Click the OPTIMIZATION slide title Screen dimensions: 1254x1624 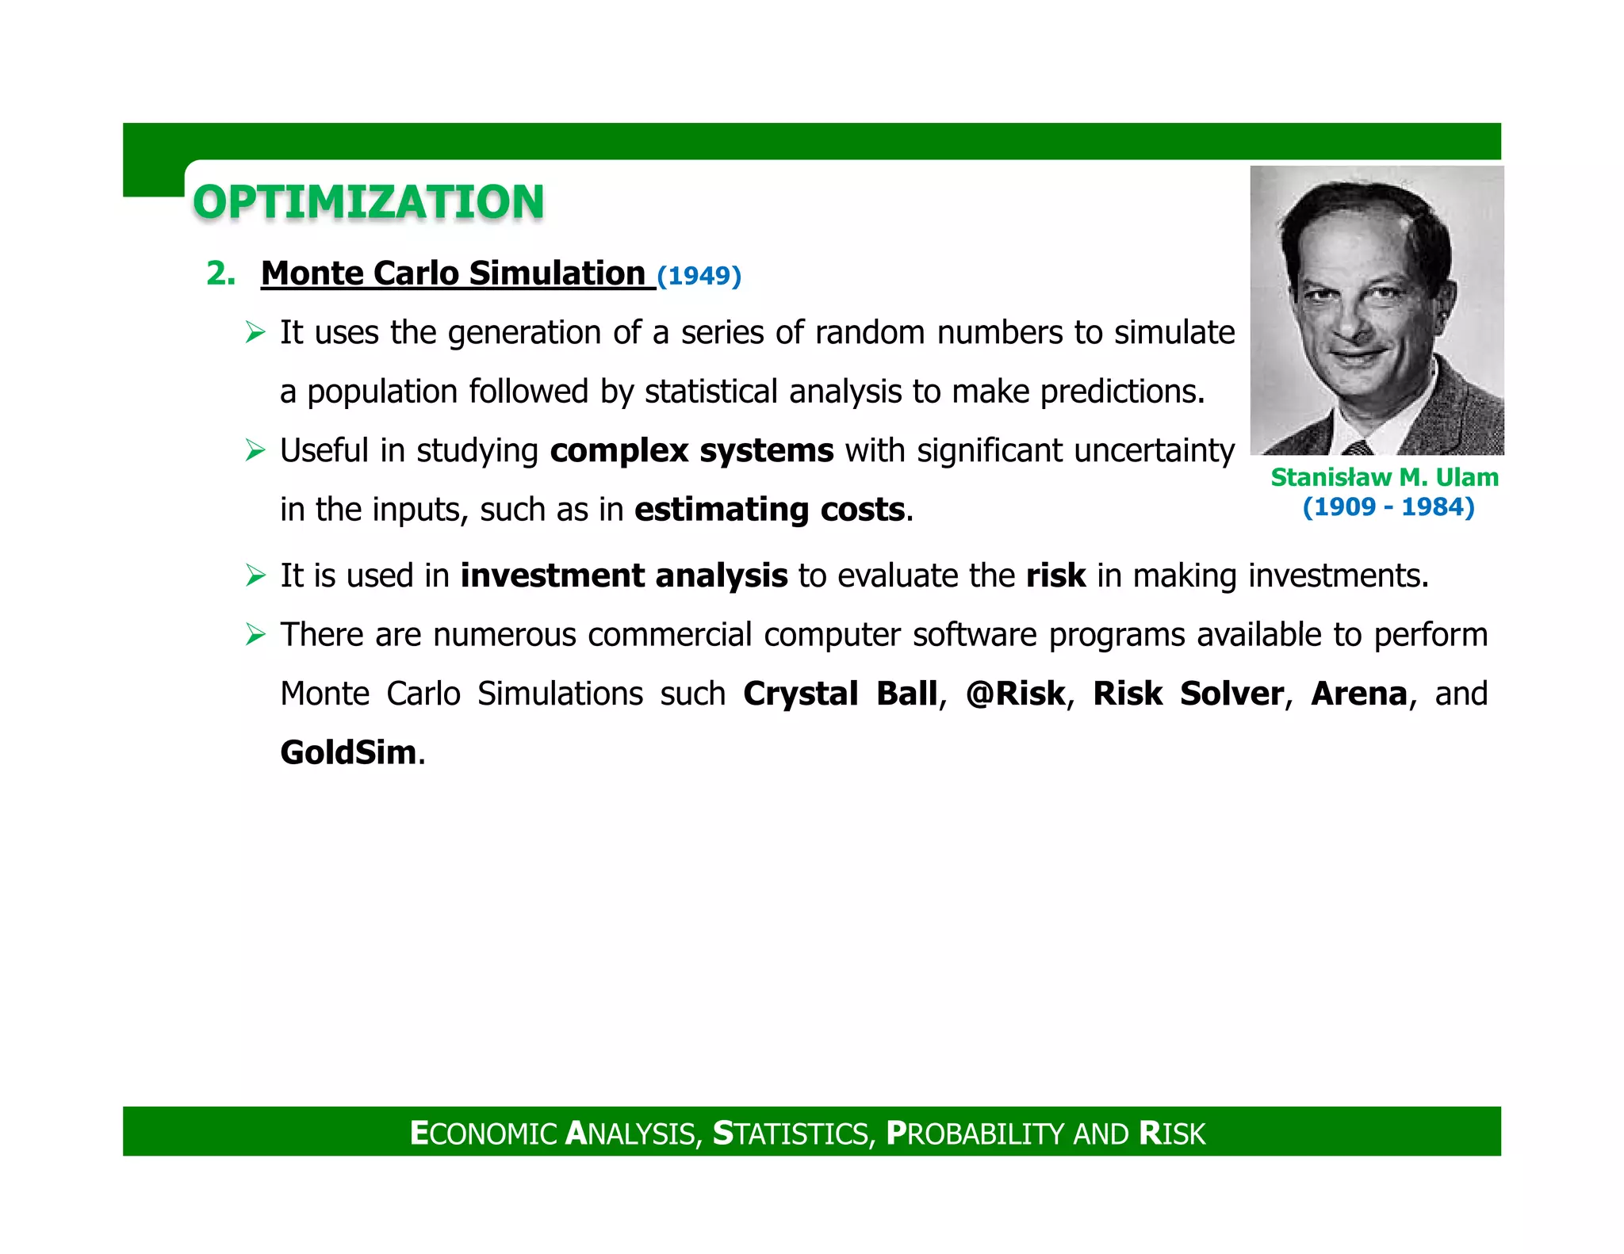click(x=368, y=202)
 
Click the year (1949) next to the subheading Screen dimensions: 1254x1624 click(x=699, y=276)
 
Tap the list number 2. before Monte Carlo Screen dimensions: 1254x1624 click(x=220, y=273)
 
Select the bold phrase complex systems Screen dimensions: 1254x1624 click(x=691, y=450)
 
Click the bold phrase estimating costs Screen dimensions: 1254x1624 click(x=769, y=509)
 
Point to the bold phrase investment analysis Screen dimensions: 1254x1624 click(x=624, y=575)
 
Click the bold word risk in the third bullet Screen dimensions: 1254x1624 click(x=1055, y=575)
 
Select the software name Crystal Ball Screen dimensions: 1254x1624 click(x=840, y=694)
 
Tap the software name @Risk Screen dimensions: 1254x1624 click(x=1015, y=694)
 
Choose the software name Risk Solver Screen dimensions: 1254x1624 click(x=1187, y=694)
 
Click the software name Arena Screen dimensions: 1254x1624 click(x=1358, y=694)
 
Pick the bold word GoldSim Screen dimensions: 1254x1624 click(x=348, y=752)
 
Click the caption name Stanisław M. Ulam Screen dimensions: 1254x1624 click(x=1384, y=477)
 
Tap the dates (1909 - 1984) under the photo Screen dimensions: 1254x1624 click(x=1388, y=507)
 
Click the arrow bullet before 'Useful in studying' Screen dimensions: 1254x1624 click(x=255, y=451)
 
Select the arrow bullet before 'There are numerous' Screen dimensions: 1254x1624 click(x=255, y=635)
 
